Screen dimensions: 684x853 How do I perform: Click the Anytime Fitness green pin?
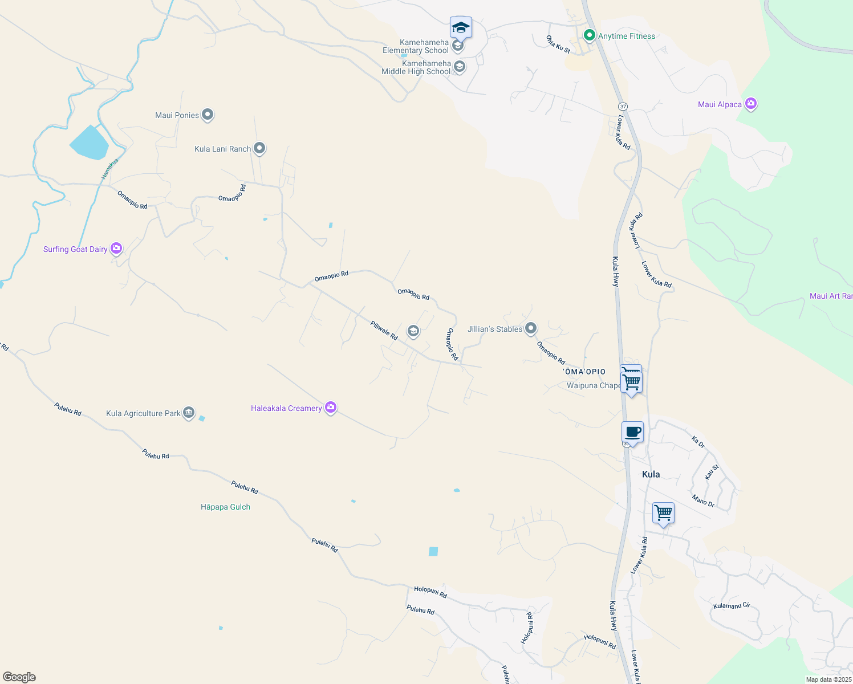click(x=590, y=36)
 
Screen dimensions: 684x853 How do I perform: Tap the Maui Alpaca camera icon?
click(x=750, y=104)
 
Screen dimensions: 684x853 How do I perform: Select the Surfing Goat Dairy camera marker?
click(x=116, y=248)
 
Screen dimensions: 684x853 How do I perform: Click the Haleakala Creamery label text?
click(x=286, y=408)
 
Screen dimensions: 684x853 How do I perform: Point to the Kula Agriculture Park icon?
click(x=189, y=413)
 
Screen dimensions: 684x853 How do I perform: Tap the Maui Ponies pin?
click(x=208, y=115)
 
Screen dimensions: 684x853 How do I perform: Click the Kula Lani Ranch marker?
click(x=259, y=148)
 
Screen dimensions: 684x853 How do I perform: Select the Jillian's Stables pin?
click(x=531, y=328)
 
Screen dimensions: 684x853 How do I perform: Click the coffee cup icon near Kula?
click(x=632, y=432)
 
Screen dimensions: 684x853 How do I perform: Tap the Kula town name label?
click(x=651, y=474)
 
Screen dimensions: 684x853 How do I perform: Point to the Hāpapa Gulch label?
click(x=225, y=507)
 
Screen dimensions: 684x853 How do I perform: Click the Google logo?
click(x=19, y=677)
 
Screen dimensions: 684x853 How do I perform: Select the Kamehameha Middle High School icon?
click(x=459, y=67)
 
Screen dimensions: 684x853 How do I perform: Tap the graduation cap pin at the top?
click(x=461, y=27)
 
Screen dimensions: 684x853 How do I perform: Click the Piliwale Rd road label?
click(x=384, y=331)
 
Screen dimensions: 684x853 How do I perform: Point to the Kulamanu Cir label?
click(x=732, y=605)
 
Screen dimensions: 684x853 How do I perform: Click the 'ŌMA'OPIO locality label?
click(x=584, y=372)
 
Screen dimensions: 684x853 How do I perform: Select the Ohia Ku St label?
click(x=558, y=44)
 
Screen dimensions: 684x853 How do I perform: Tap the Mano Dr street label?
click(x=703, y=501)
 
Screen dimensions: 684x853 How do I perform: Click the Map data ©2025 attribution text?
click(x=828, y=679)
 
